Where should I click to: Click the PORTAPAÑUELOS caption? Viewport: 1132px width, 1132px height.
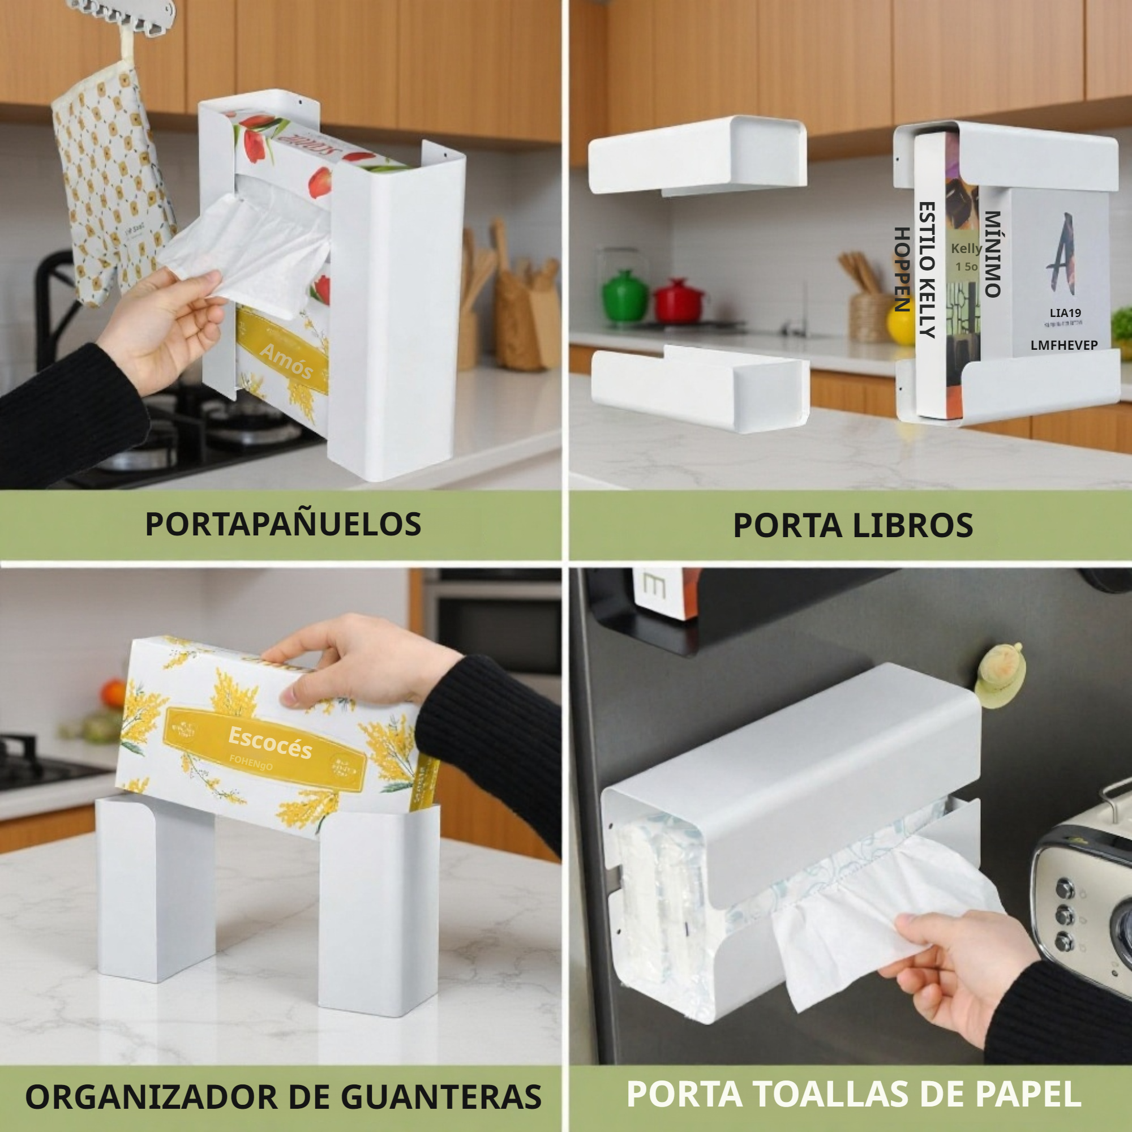click(283, 525)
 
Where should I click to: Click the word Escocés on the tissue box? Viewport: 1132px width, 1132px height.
click(269, 743)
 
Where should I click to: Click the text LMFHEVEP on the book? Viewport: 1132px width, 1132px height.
click(1064, 346)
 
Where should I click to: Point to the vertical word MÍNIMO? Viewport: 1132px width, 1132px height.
click(992, 254)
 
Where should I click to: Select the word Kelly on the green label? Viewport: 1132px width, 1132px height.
click(966, 248)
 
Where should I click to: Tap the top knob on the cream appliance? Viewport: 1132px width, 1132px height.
click(1064, 889)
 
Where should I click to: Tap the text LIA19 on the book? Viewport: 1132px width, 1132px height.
click(1065, 313)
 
